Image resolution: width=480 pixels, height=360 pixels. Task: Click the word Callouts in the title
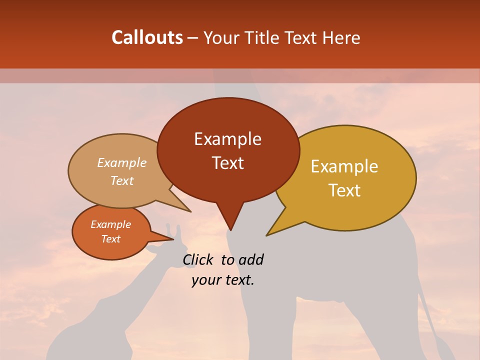147,37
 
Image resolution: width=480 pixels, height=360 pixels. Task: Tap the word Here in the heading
341,37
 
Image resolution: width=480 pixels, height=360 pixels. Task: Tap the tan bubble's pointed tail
182,204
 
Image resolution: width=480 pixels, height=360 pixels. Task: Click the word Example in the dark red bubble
227,139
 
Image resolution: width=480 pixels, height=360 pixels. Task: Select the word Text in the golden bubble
344,190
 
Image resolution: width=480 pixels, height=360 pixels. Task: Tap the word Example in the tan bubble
121,163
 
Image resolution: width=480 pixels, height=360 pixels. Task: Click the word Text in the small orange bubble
110,239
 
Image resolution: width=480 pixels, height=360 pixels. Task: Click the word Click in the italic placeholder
198,259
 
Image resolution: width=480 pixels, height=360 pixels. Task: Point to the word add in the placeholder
251,259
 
